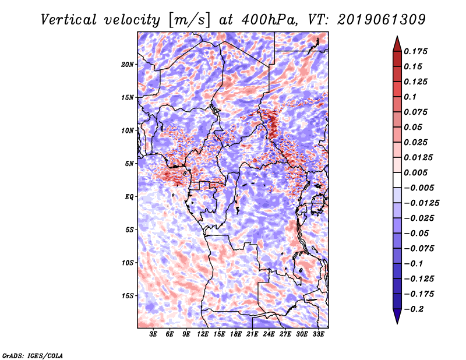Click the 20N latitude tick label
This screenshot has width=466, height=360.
128,64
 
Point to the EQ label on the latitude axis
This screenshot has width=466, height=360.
129,197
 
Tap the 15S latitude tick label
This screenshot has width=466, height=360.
128,296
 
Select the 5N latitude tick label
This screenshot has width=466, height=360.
129,164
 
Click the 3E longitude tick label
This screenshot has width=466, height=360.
154,335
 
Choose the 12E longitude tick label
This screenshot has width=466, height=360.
203,335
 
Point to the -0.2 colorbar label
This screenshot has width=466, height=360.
415,309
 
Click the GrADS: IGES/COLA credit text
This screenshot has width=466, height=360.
32,355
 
